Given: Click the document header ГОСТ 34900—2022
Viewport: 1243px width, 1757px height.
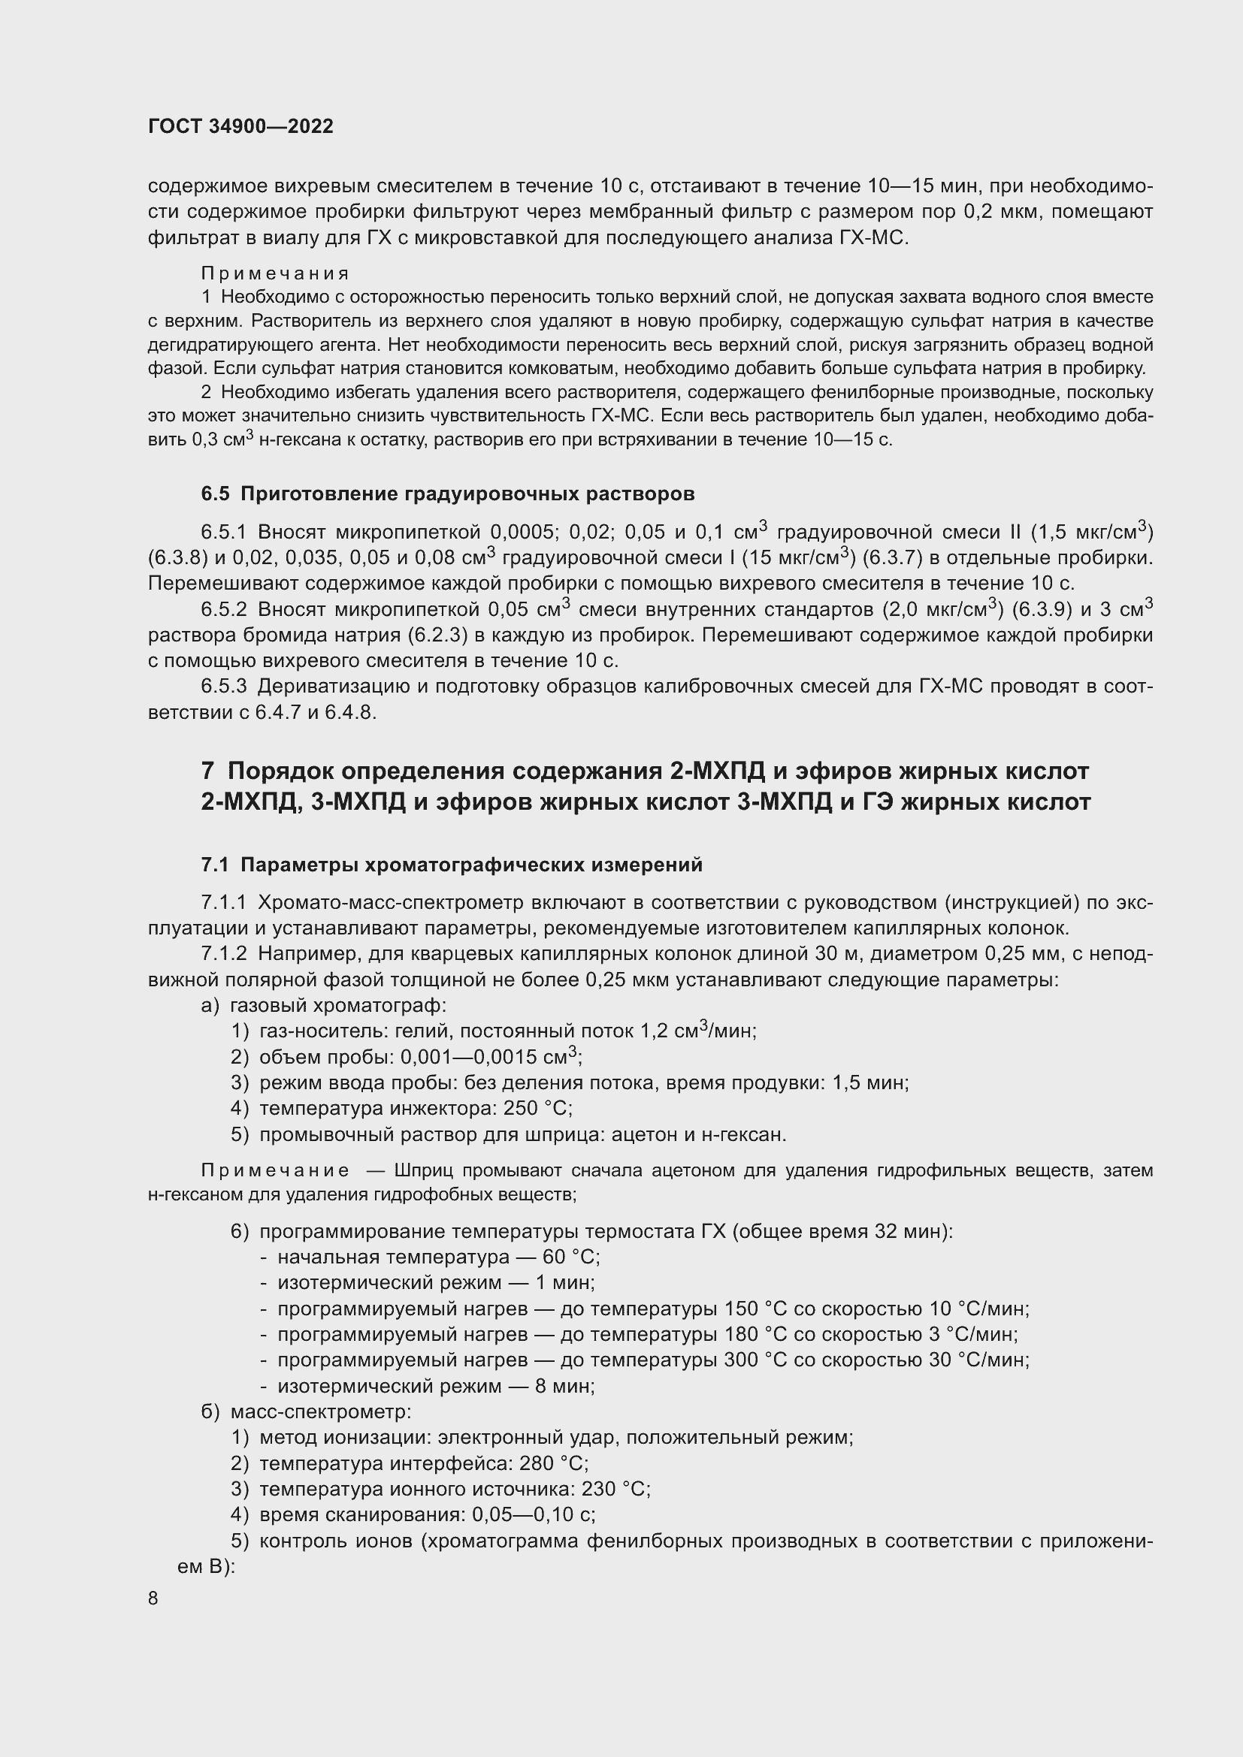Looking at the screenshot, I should [240, 126].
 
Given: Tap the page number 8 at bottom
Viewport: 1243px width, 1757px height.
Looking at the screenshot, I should [153, 1599].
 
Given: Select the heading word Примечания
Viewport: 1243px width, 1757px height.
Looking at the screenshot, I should [275, 273].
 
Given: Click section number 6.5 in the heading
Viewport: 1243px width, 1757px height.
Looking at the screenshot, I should [215, 494].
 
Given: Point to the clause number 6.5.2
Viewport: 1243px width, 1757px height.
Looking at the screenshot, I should [223, 609].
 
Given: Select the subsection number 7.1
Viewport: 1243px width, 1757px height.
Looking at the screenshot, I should [215, 865].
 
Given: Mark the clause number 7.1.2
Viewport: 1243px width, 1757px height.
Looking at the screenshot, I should [223, 954].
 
